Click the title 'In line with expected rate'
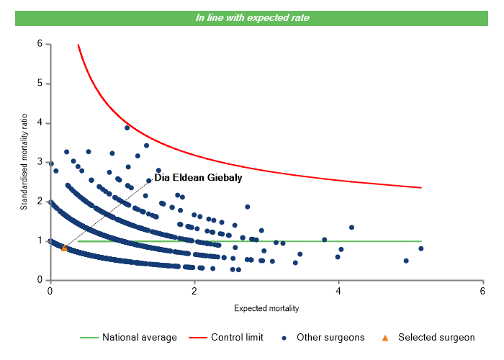[252, 17]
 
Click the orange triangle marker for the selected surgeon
[64, 248]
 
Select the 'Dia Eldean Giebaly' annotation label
[199, 177]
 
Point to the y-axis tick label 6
[40, 44]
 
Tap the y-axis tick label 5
[40, 84]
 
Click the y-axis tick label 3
[40, 162]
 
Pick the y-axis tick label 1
[40, 240]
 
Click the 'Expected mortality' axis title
[266, 308]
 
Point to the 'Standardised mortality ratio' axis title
[24, 162]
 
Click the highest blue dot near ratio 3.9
[127, 127]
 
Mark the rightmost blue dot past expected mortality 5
[420, 248]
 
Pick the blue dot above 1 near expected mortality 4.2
[351, 228]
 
